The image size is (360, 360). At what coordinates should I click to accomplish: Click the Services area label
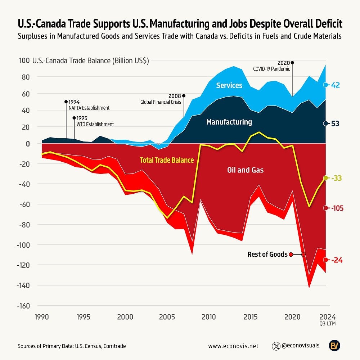click(229, 85)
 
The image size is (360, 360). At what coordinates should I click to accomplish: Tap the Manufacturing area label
click(229, 122)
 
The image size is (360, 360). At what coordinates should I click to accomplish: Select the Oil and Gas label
click(245, 170)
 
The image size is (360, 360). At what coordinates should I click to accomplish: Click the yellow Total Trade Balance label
click(166, 160)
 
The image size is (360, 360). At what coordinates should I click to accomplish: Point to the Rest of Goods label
click(267, 255)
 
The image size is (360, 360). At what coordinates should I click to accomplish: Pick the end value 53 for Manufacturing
click(336, 123)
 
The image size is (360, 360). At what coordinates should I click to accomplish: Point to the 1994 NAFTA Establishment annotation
click(89, 105)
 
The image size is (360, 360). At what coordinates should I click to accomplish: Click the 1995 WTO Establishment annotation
click(94, 121)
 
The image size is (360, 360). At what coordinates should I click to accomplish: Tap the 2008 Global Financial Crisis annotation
click(162, 99)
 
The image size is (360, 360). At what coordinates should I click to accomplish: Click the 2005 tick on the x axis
click(167, 317)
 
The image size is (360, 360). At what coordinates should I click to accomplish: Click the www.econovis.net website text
click(233, 346)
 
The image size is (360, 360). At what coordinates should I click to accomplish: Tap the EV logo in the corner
click(335, 346)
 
